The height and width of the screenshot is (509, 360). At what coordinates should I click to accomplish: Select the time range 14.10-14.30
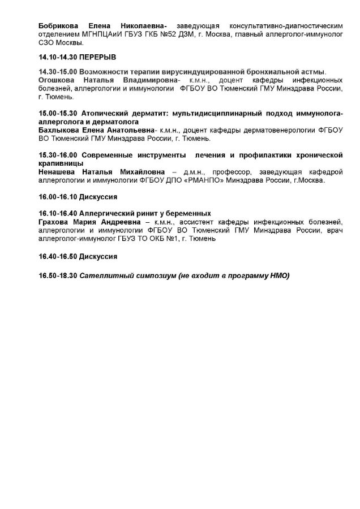[x=57, y=58]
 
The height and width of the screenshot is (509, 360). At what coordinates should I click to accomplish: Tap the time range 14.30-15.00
[x=57, y=73]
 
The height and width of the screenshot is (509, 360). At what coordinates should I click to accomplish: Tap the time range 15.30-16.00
[x=57, y=155]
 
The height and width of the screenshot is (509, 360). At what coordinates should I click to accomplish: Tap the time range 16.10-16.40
[x=57, y=213]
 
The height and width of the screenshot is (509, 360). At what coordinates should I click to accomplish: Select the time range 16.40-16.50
[x=57, y=256]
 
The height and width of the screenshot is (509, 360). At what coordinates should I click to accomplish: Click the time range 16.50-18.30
[x=57, y=275]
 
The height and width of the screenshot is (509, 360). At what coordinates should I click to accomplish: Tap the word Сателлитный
[x=106, y=275]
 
